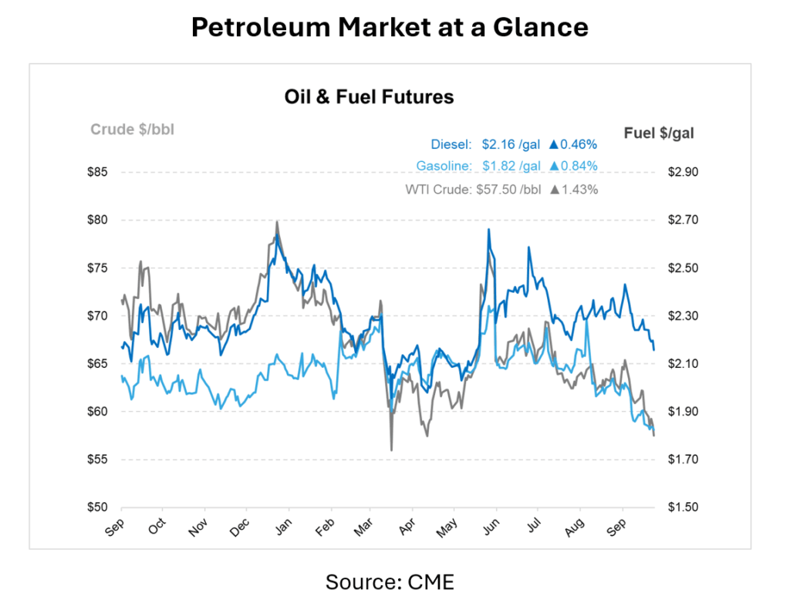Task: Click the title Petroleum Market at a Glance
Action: coord(390,28)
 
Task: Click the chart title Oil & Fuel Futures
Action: coord(369,97)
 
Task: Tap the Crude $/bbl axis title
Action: coord(132,130)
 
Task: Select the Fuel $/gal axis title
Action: coord(658,133)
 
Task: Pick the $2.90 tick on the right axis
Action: coord(682,172)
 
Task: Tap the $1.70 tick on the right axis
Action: coord(682,460)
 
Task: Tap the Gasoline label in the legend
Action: coord(443,166)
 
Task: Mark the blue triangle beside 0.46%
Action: coord(553,143)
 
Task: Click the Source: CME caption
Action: coord(390,581)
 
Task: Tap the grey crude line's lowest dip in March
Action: coord(391,450)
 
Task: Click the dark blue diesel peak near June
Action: coord(488,229)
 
